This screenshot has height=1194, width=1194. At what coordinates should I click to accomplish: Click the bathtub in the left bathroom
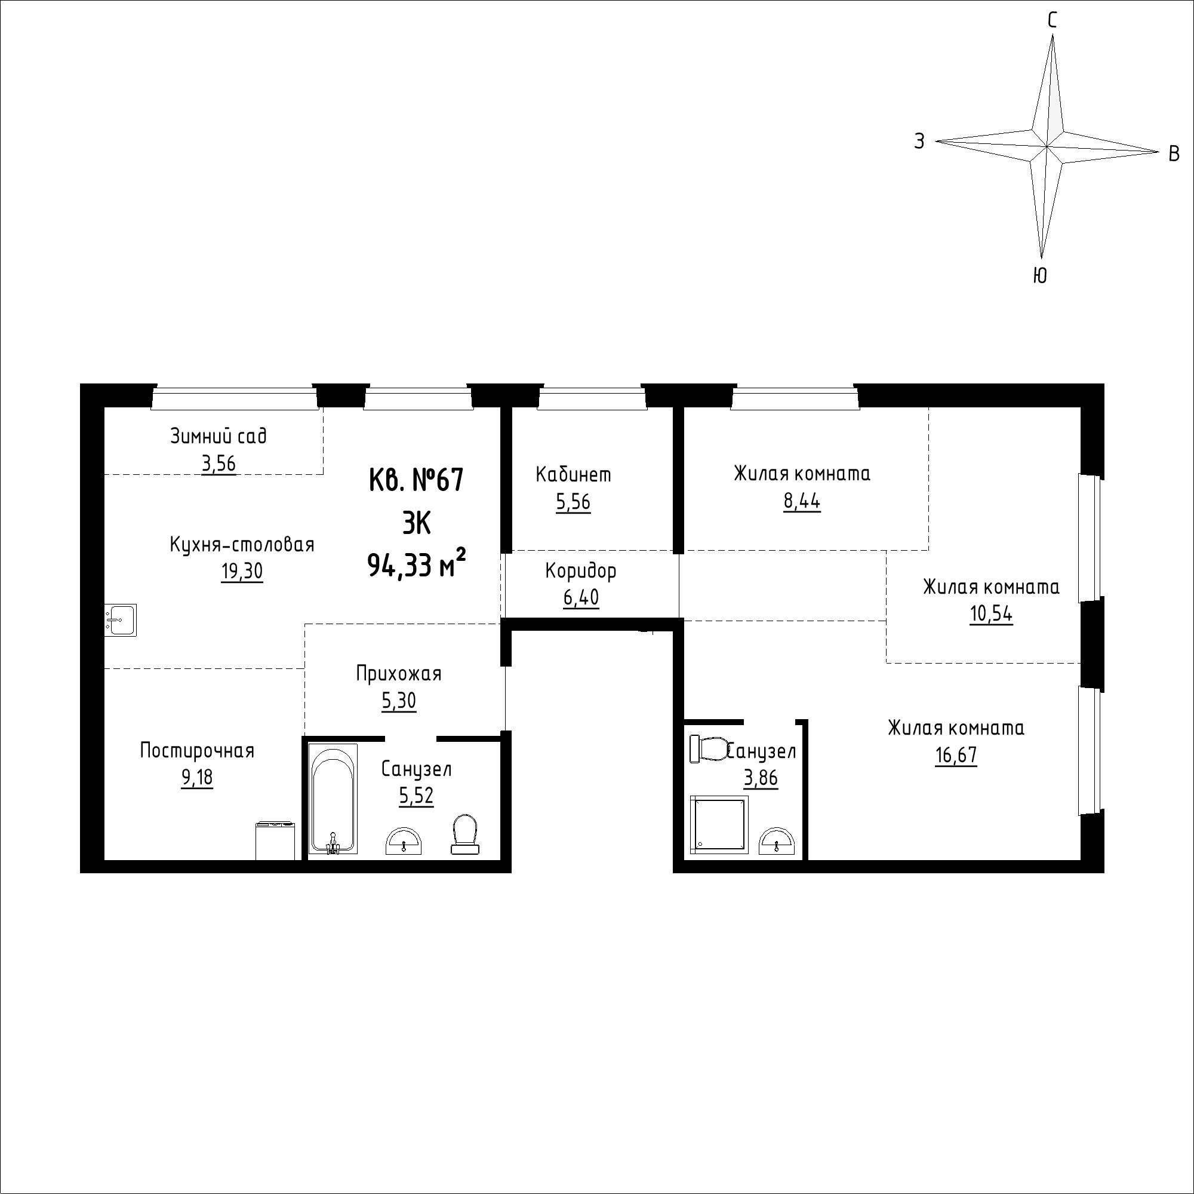coord(334,799)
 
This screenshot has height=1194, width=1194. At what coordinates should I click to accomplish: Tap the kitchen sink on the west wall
coord(120,620)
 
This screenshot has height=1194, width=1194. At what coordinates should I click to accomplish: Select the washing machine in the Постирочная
coord(276,840)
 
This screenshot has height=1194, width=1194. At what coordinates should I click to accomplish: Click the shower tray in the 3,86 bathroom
coord(719,824)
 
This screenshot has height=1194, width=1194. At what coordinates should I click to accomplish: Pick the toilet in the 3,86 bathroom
coord(710,750)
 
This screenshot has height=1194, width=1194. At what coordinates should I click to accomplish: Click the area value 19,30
coord(242,572)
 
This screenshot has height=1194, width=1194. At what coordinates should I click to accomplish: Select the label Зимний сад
coord(218,437)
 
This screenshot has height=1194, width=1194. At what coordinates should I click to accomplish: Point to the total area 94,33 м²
coord(416,563)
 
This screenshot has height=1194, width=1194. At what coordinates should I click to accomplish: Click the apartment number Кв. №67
coord(416,480)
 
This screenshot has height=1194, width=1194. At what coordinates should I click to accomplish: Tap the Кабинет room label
coord(573,475)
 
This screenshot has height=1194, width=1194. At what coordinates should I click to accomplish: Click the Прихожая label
coord(399,673)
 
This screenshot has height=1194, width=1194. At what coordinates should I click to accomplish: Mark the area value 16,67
coord(956,756)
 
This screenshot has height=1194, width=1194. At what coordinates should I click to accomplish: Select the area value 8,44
coord(802,502)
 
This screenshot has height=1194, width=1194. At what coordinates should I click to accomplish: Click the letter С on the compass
coord(1052,21)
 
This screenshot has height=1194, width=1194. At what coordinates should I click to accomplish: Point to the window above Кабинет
coord(592,398)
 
